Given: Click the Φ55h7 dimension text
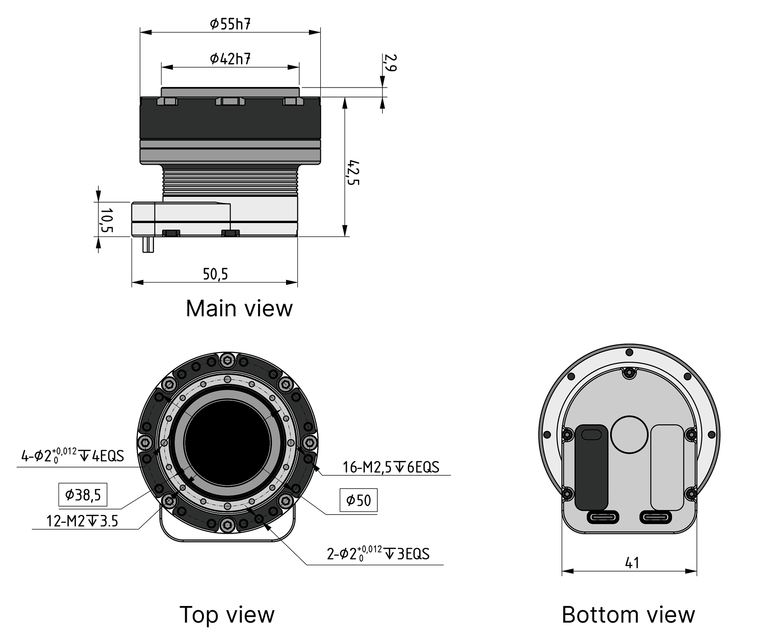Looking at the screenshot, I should (x=230, y=24).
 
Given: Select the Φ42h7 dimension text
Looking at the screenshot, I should (x=230, y=59).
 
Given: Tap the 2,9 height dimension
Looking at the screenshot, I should (x=390, y=62).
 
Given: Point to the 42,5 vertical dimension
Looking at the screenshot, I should (x=353, y=173).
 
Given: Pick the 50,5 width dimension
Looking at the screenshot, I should (x=215, y=274).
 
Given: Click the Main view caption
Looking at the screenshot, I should (x=239, y=308).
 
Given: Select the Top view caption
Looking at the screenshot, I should (x=227, y=615).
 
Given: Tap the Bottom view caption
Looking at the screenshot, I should (x=628, y=615).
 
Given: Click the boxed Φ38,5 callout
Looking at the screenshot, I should (x=83, y=495).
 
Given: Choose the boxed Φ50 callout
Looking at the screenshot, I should (x=359, y=500).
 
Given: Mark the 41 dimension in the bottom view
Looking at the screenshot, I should (x=632, y=563).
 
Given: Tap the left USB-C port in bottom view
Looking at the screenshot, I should (x=604, y=517).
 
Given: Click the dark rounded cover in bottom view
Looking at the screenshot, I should (x=592, y=467).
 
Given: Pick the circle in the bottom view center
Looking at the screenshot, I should (x=629, y=435).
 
